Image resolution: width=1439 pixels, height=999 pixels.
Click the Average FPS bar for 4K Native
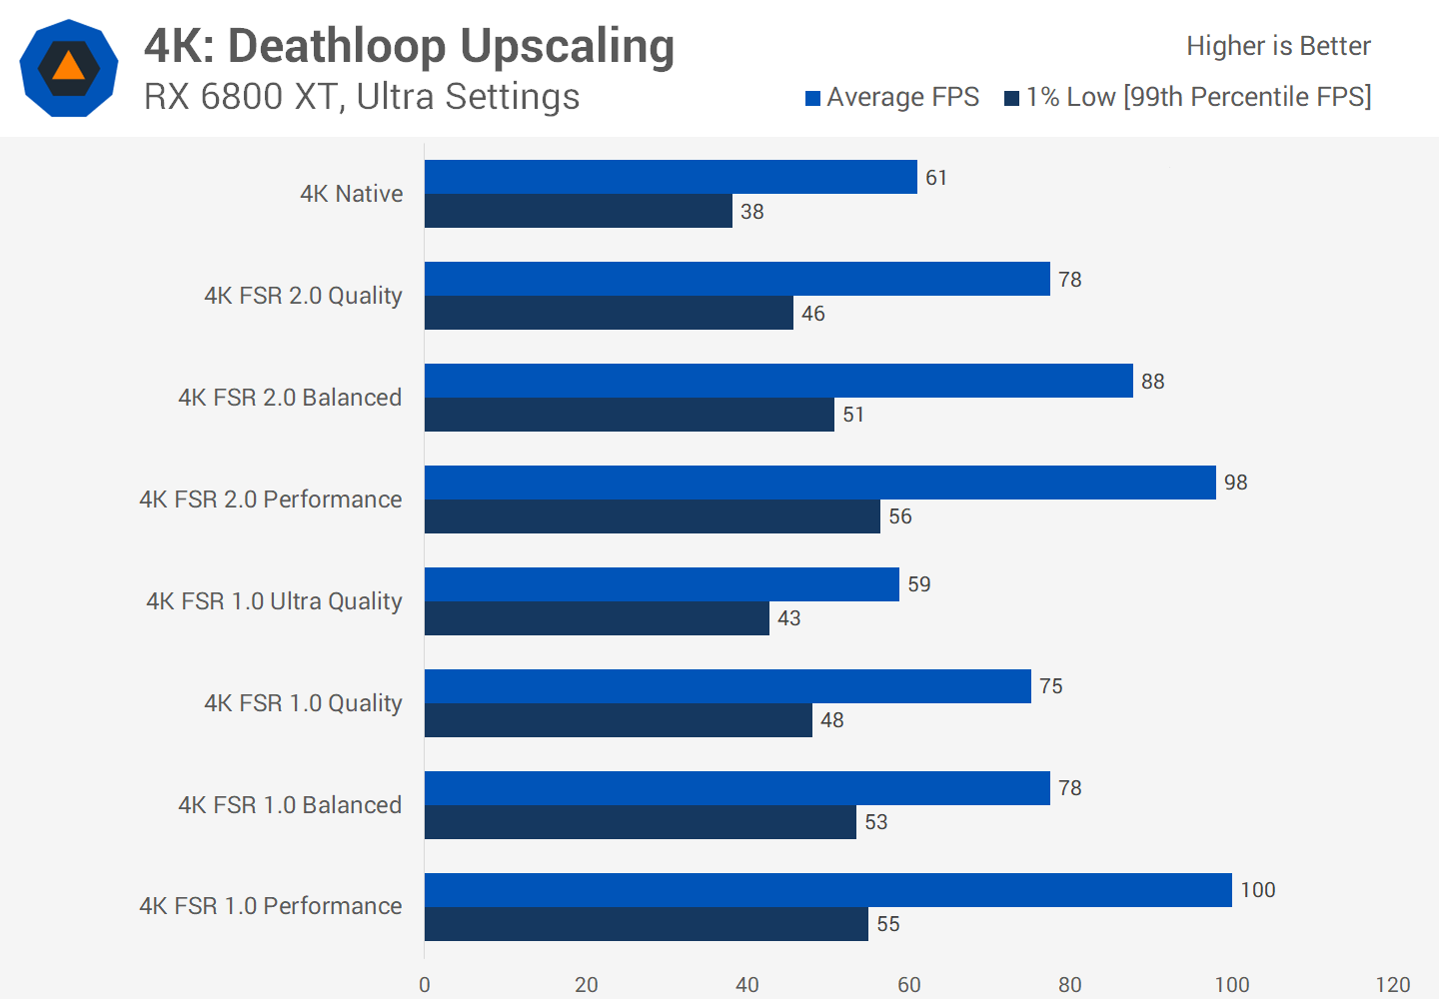tap(671, 177)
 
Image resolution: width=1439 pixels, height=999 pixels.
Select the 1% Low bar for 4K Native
tap(578, 211)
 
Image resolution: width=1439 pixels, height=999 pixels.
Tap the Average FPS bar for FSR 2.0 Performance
tap(819, 483)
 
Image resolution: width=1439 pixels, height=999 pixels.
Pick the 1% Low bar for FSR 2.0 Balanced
tap(629, 415)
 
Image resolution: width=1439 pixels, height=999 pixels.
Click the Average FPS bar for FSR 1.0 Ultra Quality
tap(662, 584)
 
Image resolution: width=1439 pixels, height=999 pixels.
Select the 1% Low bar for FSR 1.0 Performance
tap(646, 924)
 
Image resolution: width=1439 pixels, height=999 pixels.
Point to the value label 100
tap(1257, 890)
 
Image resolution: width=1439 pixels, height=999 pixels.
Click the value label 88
tap(1152, 382)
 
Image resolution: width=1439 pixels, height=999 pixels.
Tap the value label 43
tap(788, 618)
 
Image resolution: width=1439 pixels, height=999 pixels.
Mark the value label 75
tap(1050, 686)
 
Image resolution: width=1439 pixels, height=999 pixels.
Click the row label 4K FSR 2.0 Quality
tap(303, 296)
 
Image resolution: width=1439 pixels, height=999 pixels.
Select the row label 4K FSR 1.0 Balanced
tap(290, 805)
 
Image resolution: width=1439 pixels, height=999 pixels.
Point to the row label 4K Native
tap(352, 194)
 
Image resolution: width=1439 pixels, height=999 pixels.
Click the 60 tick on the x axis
tap(908, 985)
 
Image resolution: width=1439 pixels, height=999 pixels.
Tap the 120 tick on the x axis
tap(1392, 985)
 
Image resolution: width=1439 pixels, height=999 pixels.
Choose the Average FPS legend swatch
tap(813, 98)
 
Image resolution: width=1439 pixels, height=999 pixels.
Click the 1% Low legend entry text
tap(1198, 97)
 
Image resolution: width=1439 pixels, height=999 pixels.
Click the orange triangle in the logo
tap(68, 67)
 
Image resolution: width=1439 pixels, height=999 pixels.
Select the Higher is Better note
tap(1278, 46)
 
